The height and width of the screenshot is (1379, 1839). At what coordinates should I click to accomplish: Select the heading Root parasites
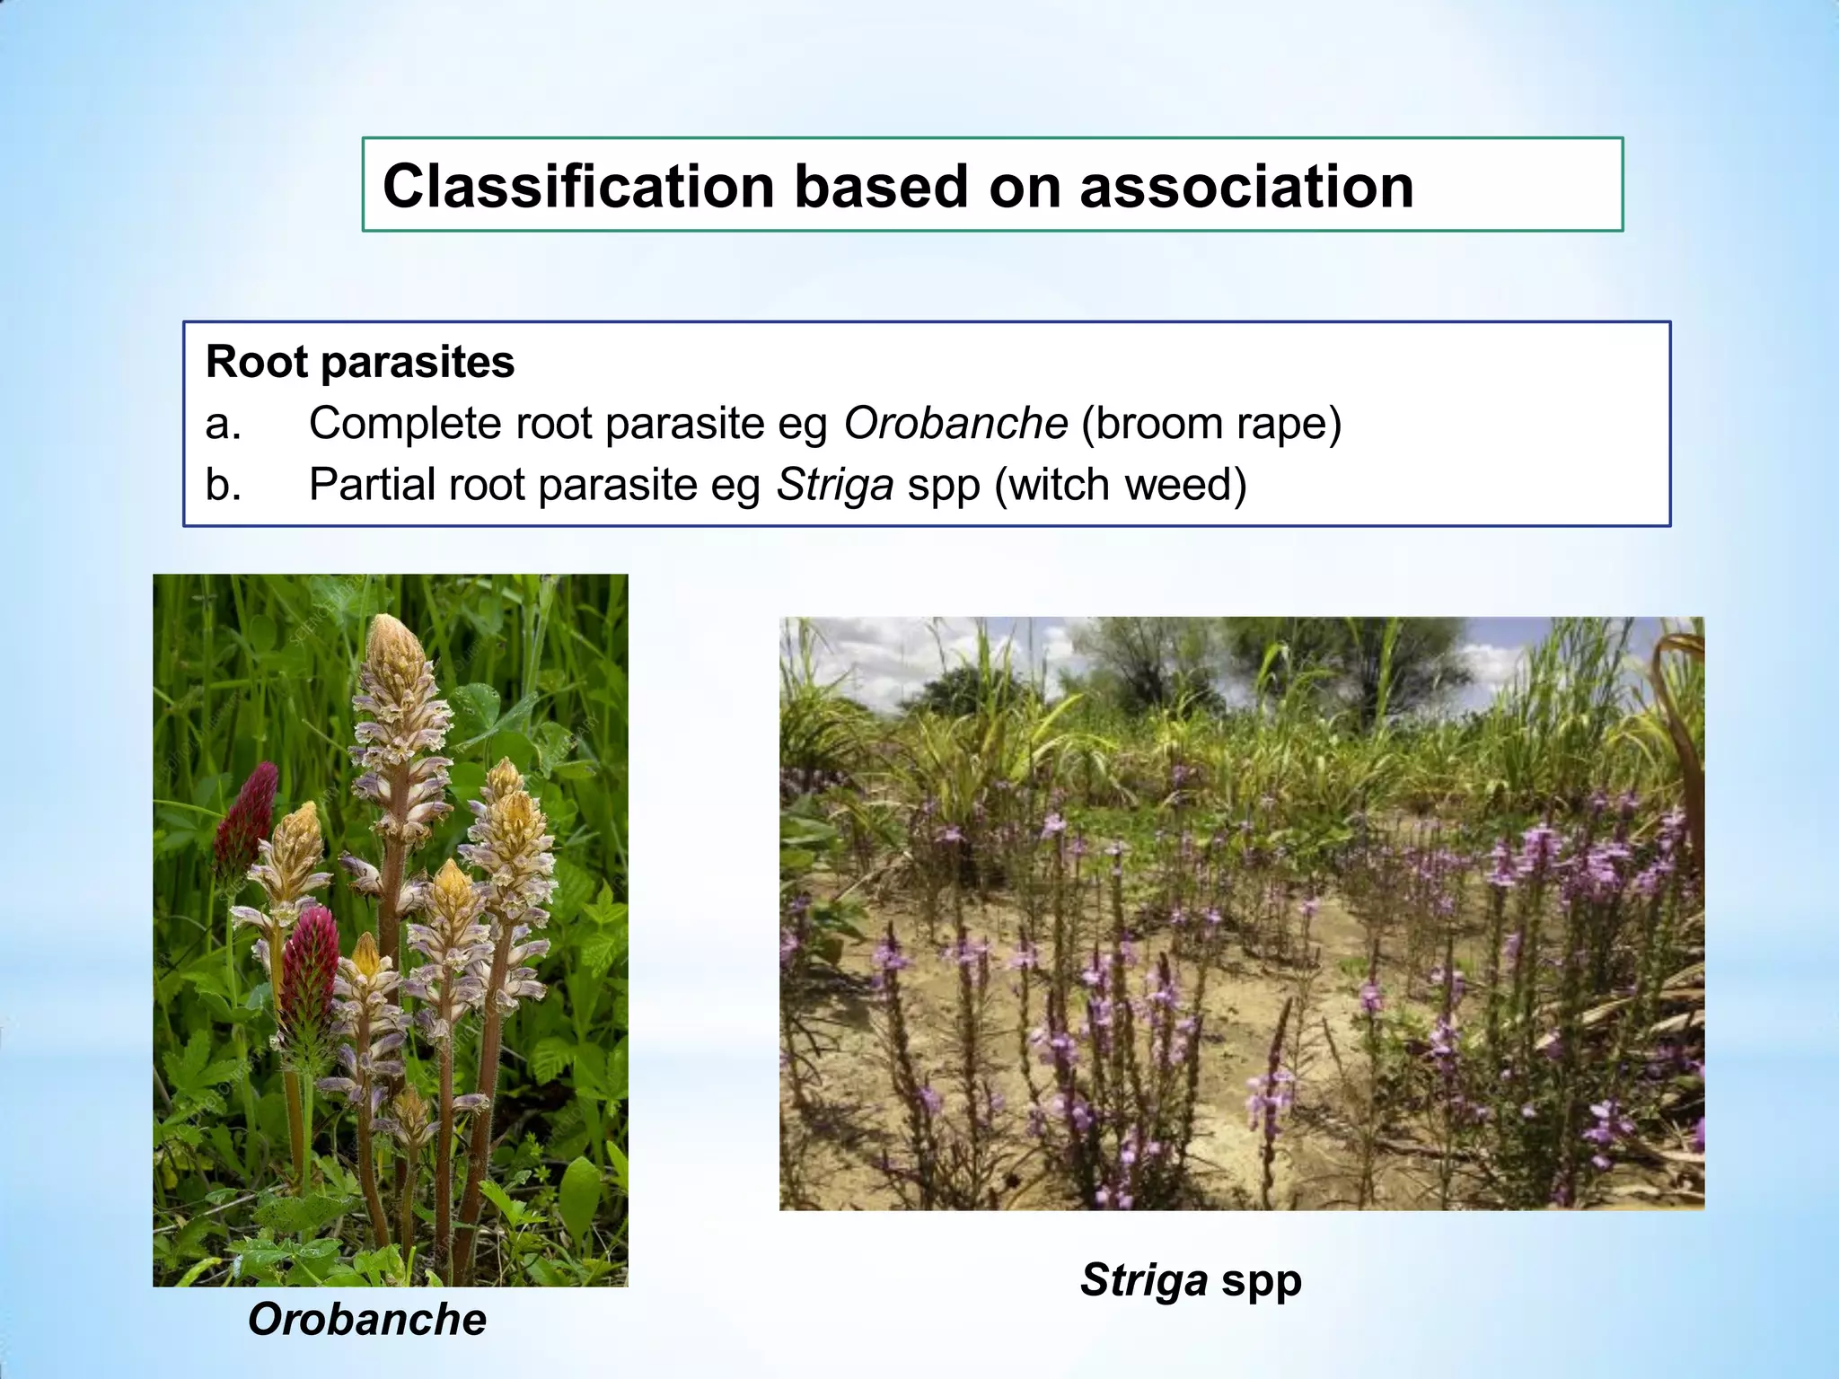click(360, 362)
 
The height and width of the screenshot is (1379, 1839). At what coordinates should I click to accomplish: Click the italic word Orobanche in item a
click(955, 423)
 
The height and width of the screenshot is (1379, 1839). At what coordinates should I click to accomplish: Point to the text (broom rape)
click(1211, 423)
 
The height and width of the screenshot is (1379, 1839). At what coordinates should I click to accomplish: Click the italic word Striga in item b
click(834, 485)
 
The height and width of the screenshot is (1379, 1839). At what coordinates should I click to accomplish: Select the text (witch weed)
click(1121, 485)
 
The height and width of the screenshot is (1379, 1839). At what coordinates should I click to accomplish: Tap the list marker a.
click(223, 423)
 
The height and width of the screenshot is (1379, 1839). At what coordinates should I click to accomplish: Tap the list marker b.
click(223, 485)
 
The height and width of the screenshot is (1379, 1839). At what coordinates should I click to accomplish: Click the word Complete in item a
click(405, 423)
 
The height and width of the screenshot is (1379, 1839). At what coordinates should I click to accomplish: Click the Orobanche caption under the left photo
click(366, 1319)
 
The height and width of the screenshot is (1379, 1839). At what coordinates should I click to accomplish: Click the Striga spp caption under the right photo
click(1191, 1279)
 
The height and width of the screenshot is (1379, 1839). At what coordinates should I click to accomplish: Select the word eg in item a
click(802, 423)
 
